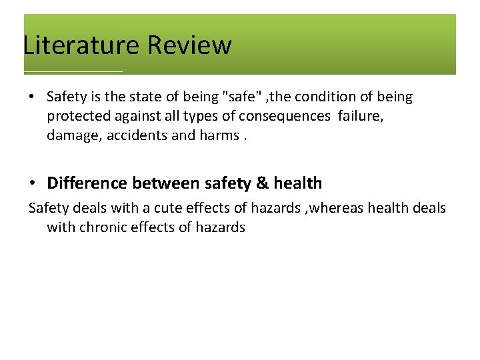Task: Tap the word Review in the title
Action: click(x=190, y=45)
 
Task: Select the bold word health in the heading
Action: click(x=297, y=183)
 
